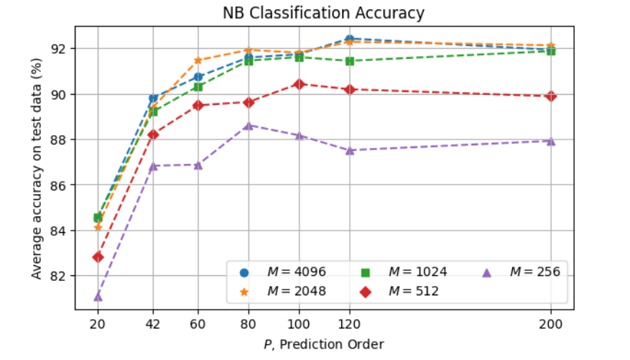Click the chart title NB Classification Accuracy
click(x=323, y=13)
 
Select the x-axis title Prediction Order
click(x=323, y=344)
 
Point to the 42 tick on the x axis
click(x=152, y=323)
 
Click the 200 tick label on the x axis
click(x=551, y=323)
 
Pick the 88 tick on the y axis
click(x=59, y=139)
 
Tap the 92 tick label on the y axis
click(x=59, y=49)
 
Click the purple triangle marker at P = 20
click(x=98, y=296)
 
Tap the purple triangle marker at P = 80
click(x=249, y=125)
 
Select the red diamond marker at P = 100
click(x=299, y=84)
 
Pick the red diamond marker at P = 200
click(x=551, y=96)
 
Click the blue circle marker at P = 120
click(x=349, y=39)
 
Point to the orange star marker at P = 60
click(x=198, y=60)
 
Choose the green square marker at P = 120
click(x=349, y=61)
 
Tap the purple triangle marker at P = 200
click(x=551, y=141)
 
